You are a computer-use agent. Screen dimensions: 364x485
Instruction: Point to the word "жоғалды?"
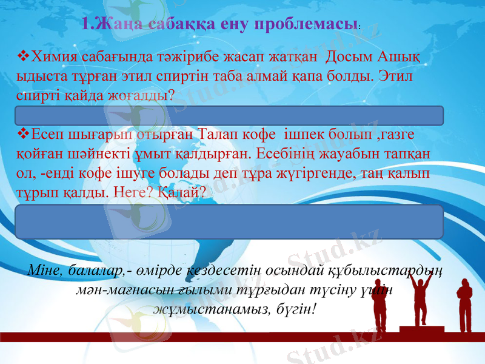(144, 96)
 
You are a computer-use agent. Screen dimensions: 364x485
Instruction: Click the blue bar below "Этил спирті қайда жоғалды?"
(229, 115)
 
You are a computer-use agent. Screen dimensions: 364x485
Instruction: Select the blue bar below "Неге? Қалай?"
(229, 221)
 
